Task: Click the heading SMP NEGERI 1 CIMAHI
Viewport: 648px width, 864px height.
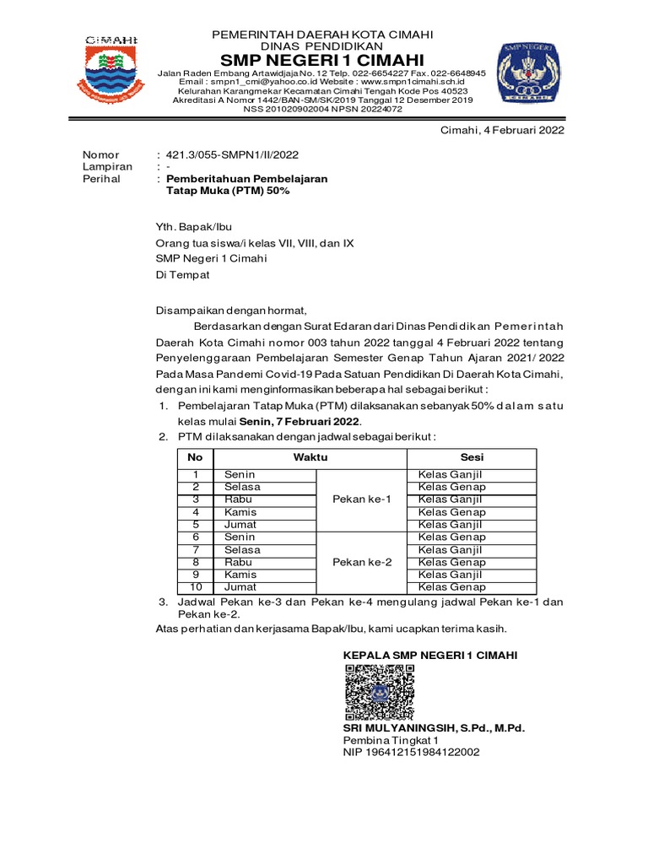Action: (321, 60)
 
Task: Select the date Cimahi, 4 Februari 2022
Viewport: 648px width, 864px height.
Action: (504, 130)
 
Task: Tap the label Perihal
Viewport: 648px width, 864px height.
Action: (100, 179)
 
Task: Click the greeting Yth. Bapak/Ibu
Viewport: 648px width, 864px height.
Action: (193, 227)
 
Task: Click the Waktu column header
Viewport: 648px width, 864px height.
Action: (310, 456)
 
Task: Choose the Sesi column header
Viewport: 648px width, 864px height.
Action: (472, 456)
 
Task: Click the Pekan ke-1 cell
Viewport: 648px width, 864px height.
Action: (362, 499)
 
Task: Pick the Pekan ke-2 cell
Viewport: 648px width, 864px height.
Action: (362, 563)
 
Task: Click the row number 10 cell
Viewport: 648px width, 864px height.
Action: (195, 587)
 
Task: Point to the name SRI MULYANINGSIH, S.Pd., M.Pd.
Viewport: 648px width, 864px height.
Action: (439, 727)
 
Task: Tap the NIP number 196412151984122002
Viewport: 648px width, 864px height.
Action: (411, 752)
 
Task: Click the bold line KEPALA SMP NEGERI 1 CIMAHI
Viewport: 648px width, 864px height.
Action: (430, 656)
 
